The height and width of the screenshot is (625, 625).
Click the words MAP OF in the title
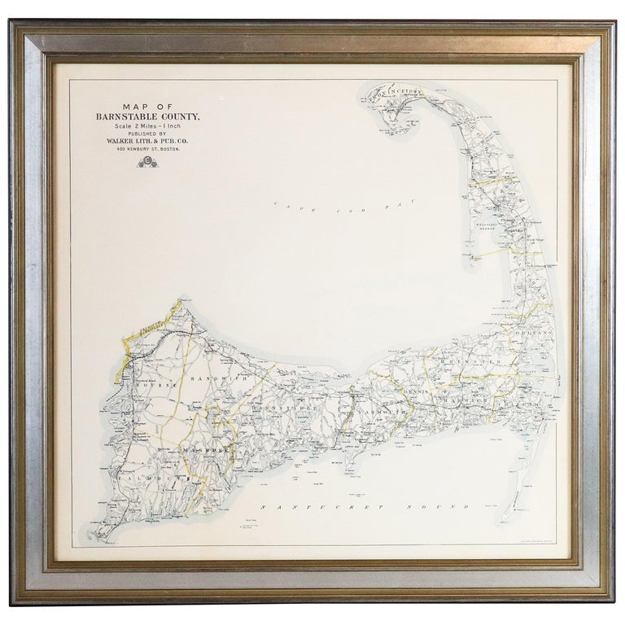(146, 106)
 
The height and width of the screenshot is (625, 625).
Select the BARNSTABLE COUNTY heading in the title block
(146, 116)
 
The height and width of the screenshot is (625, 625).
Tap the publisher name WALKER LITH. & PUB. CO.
(146, 142)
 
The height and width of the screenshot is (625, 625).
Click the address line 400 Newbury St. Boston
(146, 151)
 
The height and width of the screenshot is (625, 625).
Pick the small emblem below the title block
(146, 162)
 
